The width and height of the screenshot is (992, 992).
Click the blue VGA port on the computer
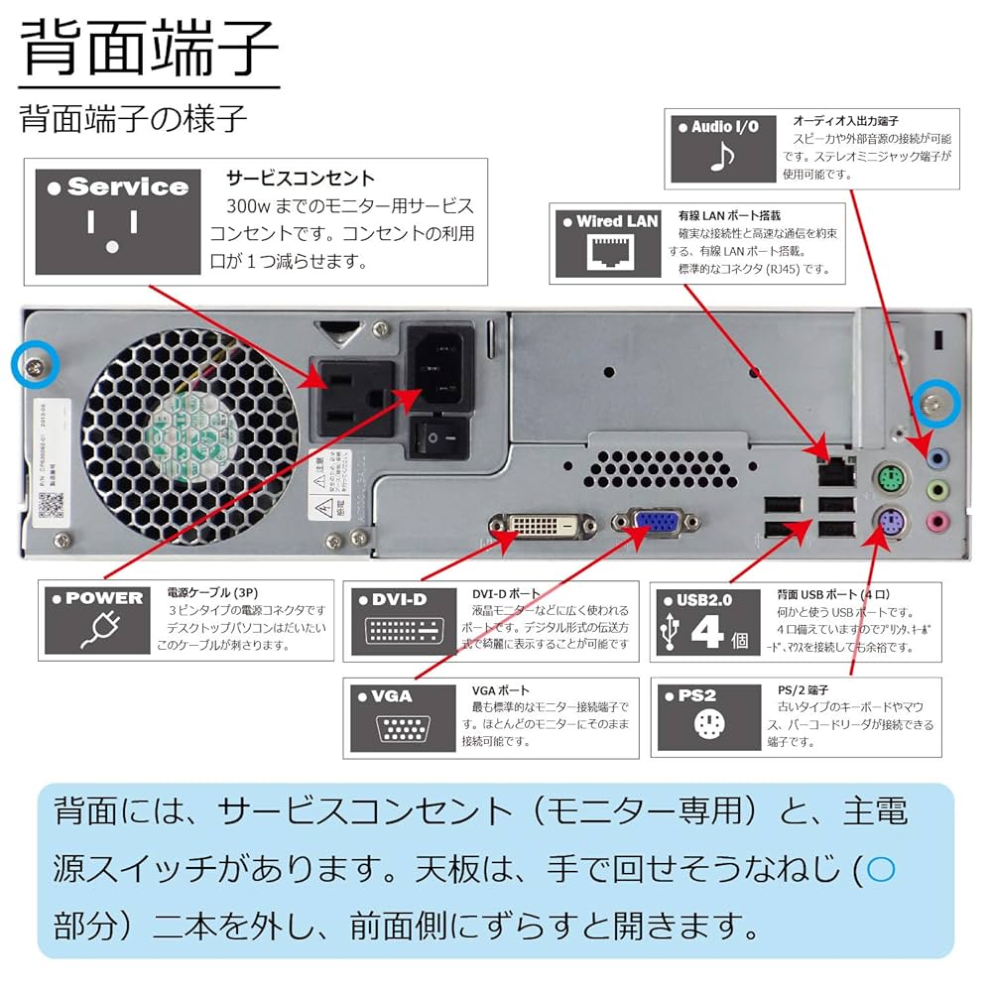(653, 525)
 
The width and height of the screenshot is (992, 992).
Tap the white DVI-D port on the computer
(542, 527)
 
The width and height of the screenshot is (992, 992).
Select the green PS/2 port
(891, 481)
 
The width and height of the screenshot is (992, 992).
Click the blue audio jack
(936, 458)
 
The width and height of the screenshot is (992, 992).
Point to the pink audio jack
(936, 521)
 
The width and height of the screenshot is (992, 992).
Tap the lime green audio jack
(936, 490)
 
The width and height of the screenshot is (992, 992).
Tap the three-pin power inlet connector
(437, 368)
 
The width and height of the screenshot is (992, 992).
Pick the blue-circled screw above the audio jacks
(936, 401)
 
